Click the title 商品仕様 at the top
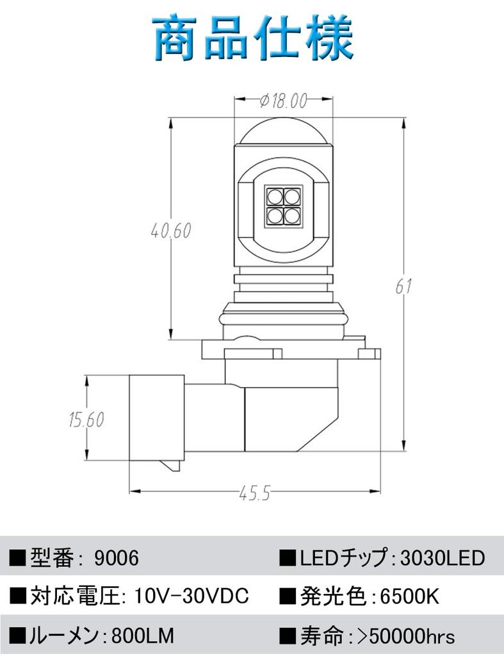point(252,39)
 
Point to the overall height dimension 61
point(403,286)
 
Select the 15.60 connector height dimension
point(86,420)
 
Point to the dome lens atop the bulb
point(282,130)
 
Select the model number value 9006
point(116,558)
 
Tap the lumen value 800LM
point(143,636)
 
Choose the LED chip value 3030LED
point(443,558)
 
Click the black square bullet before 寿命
point(288,636)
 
